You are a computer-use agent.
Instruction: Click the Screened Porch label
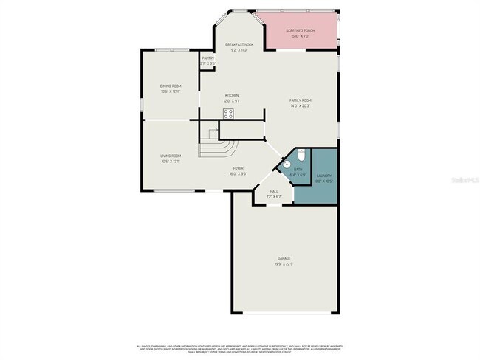(x=301, y=30)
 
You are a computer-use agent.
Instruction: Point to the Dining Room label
(x=171, y=86)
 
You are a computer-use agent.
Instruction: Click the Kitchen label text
(x=232, y=96)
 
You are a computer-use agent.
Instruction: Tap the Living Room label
(x=171, y=156)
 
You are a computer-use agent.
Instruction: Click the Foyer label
(x=238, y=169)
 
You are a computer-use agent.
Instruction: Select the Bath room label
(x=298, y=170)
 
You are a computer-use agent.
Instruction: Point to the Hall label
(x=273, y=191)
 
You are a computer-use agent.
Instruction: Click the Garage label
(x=284, y=258)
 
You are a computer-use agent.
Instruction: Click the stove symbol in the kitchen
(x=229, y=114)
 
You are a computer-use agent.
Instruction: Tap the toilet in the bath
(x=302, y=155)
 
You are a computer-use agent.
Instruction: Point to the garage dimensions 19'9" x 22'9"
(x=284, y=263)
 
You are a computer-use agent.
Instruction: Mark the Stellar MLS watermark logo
(x=464, y=179)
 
